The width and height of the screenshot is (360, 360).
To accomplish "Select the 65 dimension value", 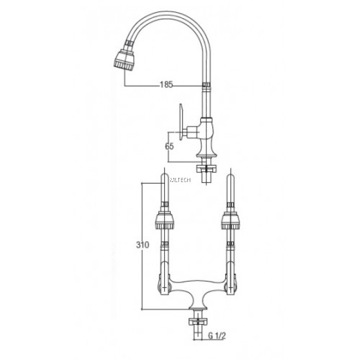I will [169, 147].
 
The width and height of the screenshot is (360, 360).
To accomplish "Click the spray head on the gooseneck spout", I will [124, 59].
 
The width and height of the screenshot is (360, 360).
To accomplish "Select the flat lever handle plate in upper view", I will [182, 121].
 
